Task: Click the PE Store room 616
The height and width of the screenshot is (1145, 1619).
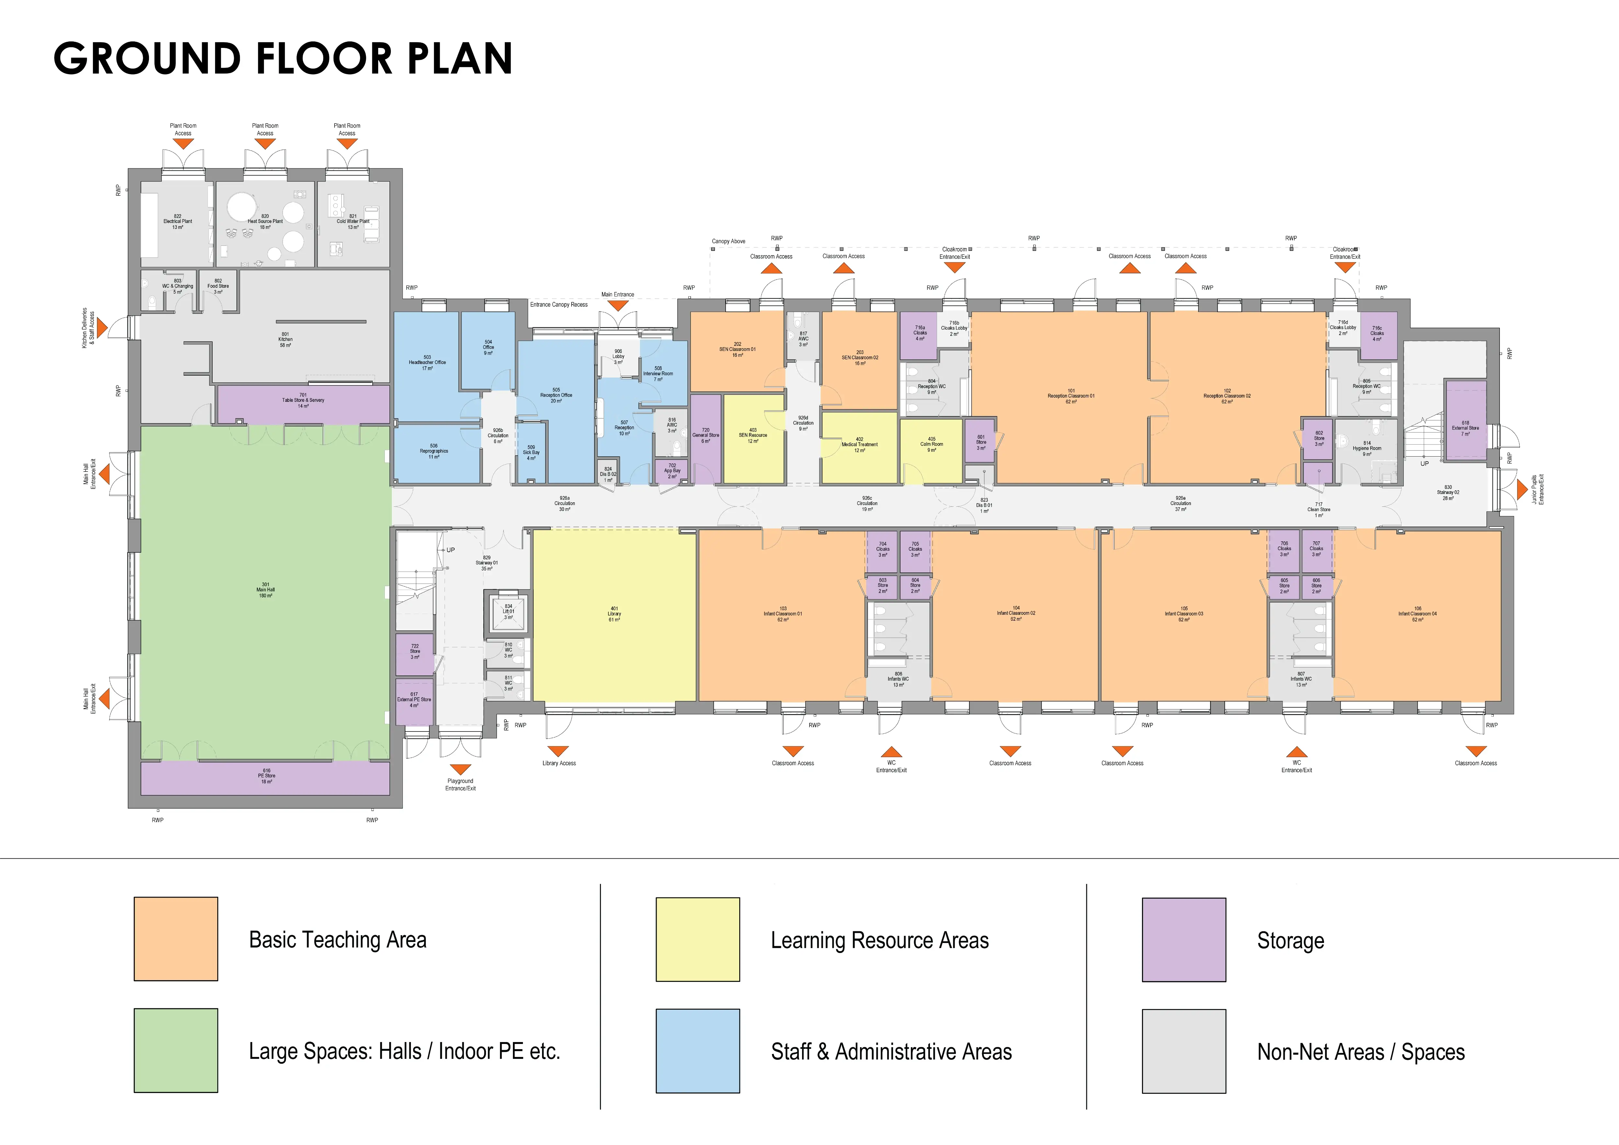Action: pyautogui.click(x=266, y=777)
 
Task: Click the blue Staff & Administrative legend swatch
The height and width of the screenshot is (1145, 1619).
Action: pyautogui.click(x=697, y=1050)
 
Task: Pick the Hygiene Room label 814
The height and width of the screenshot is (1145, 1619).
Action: pyautogui.click(x=1366, y=448)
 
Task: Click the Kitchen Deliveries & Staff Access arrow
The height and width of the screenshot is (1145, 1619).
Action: pyautogui.click(x=102, y=328)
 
